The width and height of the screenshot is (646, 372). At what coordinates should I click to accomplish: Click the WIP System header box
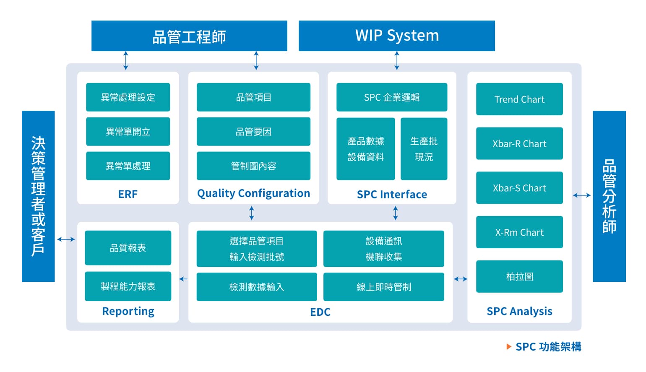pyautogui.click(x=396, y=36)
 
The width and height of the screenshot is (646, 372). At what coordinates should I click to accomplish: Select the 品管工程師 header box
pyautogui.click(x=189, y=36)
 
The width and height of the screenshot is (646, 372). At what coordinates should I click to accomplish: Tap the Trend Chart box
pyautogui.click(x=519, y=99)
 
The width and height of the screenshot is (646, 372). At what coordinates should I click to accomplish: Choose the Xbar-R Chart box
pyautogui.click(x=519, y=143)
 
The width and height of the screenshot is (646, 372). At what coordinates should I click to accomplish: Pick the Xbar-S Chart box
pyautogui.click(x=519, y=188)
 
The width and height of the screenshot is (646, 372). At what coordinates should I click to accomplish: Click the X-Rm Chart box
pyautogui.click(x=519, y=232)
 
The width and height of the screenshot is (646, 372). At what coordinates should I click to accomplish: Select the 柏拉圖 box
pyautogui.click(x=519, y=276)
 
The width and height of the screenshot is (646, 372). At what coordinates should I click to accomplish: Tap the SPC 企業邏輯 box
pyautogui.click(x=392, y=97)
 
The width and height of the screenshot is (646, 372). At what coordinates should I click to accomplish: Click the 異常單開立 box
pyautogui.click(x=128, y=132)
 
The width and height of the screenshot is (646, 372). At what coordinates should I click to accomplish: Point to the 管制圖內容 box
pyautogui.click(x=253, y=166)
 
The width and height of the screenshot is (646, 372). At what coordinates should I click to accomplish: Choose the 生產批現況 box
pyautogui.click(x=424, y=149)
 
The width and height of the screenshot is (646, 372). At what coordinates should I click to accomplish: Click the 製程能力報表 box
pyautogui.click(x=128, y=286)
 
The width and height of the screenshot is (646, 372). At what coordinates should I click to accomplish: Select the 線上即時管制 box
pyautogui.click(x=383, y=287)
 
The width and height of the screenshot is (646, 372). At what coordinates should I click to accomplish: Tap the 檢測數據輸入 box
pyautogui.click(x=257, y=287)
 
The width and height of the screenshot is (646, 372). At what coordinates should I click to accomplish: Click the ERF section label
pyautogui.click(x=128, y=194)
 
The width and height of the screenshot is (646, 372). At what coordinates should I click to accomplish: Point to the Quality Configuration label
pyautogui.click(x=253, y=193)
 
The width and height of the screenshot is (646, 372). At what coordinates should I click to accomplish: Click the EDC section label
pyautogui.click(x=320, y=312)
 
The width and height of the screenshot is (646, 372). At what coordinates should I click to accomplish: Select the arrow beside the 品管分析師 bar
pyautogui.click(x=582, y=195)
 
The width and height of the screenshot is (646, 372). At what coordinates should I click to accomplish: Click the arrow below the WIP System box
pyautogui.click(x=397, y=60)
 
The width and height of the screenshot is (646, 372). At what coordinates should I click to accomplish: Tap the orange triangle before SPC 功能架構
pyautogui.click(x=509, y=346)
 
